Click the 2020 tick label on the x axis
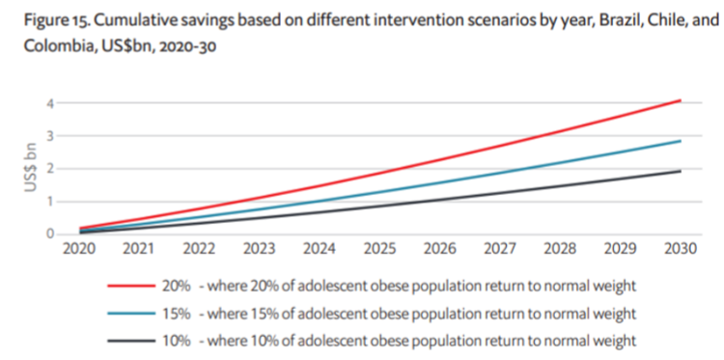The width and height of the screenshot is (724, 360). coord(78,249)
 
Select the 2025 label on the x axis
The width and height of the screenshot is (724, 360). coord(379,249)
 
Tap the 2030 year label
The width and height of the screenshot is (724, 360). coord(681,249)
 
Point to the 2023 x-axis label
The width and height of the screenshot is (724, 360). coord(259,249)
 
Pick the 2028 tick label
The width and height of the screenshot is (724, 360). coord(560,249)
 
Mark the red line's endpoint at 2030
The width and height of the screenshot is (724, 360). coord(682,99)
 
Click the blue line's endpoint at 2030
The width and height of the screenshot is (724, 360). coord(682,141)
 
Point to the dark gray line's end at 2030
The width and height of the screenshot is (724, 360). coord(682,171)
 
